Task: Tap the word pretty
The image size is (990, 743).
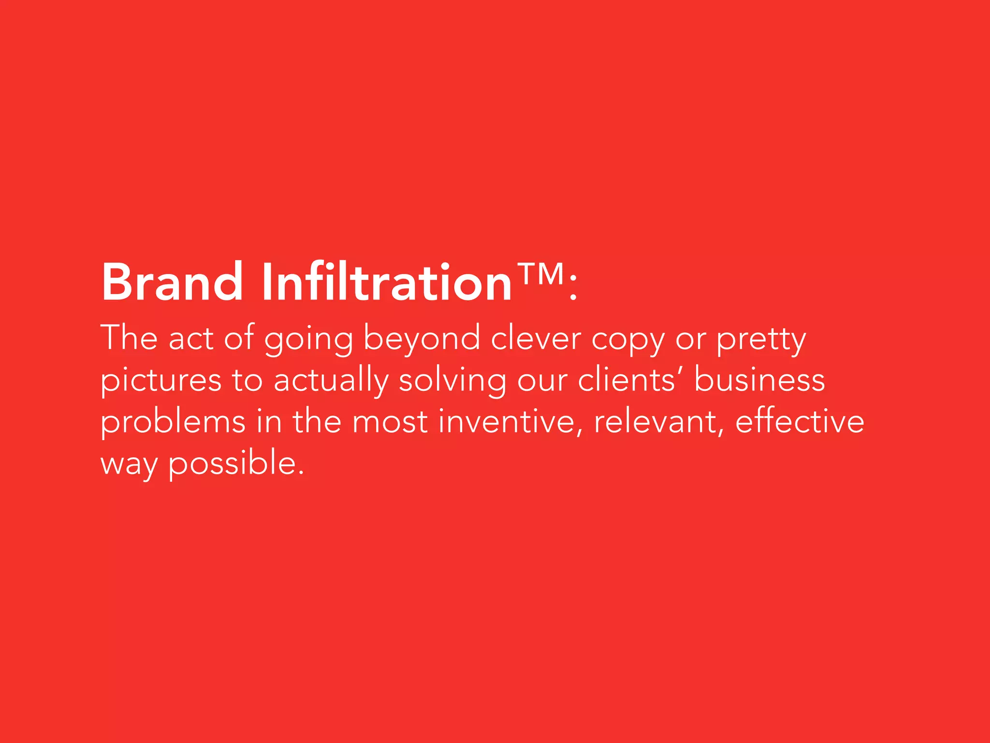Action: [x=761, y=340]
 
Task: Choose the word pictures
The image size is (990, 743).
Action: [x=161, y=381]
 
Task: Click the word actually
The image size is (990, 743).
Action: [x=331, y=381]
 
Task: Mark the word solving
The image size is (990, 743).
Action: [x=452, y=381]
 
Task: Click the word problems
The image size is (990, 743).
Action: [x=173, y=422]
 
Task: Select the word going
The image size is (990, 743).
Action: [x=308, y=340]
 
